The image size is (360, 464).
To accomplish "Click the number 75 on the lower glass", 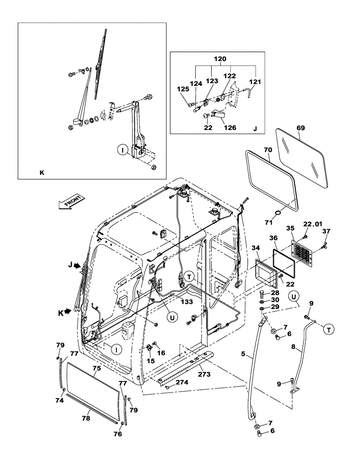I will (96, 368).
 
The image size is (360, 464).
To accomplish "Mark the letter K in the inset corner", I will (41, 172).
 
